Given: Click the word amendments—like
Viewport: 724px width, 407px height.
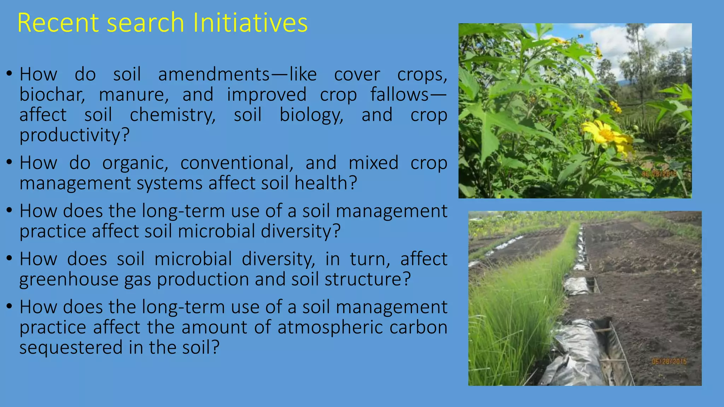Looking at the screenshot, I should [237, 75].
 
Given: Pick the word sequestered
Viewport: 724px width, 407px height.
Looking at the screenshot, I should [71, 347].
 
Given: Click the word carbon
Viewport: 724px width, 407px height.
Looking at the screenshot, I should [418, 328].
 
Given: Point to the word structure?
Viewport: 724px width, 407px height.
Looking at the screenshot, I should [368, 279].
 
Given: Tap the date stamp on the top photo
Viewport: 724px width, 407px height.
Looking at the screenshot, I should [659, 174].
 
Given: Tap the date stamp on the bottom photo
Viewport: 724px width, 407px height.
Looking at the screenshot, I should [669, 361].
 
